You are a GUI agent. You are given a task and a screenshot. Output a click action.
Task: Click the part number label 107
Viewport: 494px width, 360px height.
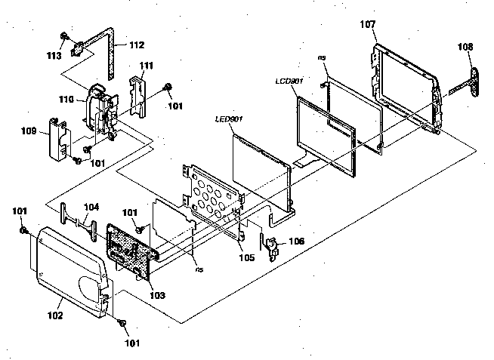click(x=368, y=24)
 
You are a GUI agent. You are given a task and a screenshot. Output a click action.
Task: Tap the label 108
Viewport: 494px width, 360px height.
click(x=465, y=47)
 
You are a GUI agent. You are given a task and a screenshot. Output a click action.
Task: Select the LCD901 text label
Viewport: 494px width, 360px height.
click(x=289, y=82)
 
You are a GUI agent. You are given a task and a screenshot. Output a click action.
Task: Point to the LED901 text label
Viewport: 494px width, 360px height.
click(x=229, y=119)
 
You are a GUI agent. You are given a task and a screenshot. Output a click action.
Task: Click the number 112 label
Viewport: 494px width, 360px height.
click(x=137, y=45)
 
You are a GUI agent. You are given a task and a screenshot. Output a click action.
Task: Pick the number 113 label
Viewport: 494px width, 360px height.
click(x=54, y=56)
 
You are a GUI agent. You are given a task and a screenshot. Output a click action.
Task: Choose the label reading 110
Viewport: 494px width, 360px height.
click(x=66, y=100)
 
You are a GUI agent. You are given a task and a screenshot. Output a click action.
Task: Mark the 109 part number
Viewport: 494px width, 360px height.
click(x=29, y=131)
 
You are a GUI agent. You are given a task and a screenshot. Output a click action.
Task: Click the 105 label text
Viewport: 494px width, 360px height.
click(x=246, y=257)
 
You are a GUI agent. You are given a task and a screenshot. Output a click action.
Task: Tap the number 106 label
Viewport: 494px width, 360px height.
click(x=296, y=241)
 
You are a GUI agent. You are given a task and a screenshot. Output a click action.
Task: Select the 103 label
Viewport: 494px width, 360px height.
click(x=157, y=295)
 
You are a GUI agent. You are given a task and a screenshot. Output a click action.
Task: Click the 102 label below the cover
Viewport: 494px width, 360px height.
click(x=55, y=315)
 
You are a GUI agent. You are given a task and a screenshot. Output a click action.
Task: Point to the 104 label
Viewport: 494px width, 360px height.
click(x=91, y=207)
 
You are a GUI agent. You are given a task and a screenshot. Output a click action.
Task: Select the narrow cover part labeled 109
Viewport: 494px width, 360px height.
click(x=58, y=138)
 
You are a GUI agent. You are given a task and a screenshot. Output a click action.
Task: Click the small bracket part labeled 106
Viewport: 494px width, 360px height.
click(x=272, y=248)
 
